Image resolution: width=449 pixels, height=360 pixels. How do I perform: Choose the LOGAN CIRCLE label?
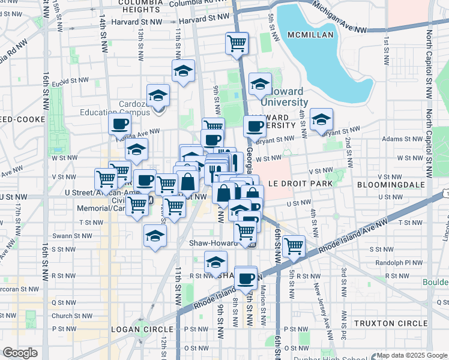click(x=142, y=329)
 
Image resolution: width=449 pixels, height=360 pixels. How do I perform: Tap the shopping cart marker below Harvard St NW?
click(x=237, y=44)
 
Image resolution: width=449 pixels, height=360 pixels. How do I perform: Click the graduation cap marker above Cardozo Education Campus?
click(x=158, y=95)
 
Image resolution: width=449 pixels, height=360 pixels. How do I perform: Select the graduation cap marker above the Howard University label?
click(x=260, y=85)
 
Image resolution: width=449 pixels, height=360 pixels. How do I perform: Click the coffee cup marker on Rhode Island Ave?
click(x=246, y=278)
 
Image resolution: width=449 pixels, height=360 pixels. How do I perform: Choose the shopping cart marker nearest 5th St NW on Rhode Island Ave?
click(x=294, y=245)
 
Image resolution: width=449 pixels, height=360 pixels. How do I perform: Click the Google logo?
click(x=20, y=353)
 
